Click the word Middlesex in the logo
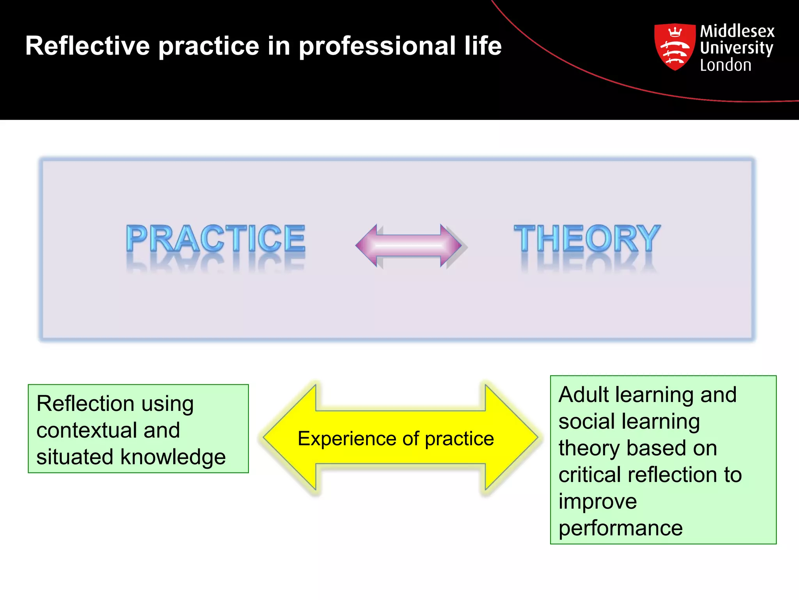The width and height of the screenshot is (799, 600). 737,31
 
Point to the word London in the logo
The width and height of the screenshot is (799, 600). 725,65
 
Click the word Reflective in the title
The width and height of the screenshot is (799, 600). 87,46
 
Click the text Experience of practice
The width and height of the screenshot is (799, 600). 396,439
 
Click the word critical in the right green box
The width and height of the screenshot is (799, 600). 590,475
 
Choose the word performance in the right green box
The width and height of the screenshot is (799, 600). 620,528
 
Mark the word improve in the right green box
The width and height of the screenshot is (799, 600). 597,502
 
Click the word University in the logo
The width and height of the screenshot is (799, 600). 736,48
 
